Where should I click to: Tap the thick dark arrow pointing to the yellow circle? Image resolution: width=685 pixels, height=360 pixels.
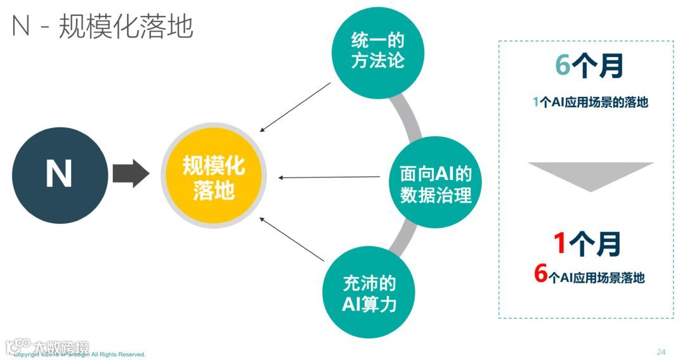(x=131, y=173)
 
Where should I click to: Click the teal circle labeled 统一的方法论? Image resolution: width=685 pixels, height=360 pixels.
(x=378, y=51)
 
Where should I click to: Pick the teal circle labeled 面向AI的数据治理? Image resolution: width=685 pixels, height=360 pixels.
(x=435, y=184)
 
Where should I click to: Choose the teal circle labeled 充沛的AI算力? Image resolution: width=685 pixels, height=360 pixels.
(x=369, y=292)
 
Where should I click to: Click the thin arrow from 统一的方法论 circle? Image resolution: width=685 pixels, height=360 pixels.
(x=296, y=107)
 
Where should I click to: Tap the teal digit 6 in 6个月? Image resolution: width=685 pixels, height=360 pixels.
(x=563, y=66)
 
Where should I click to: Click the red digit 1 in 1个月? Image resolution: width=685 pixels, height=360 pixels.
(x=559, y=243)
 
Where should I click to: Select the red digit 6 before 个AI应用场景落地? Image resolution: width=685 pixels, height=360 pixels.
(x=540, y=273)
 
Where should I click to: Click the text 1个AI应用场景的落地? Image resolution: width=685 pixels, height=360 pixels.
(x=590, y=101)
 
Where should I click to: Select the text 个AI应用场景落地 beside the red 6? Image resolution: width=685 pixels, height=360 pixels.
(x=597, y=277)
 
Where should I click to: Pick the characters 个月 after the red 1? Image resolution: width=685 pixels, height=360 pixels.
(x=595, y=244)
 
